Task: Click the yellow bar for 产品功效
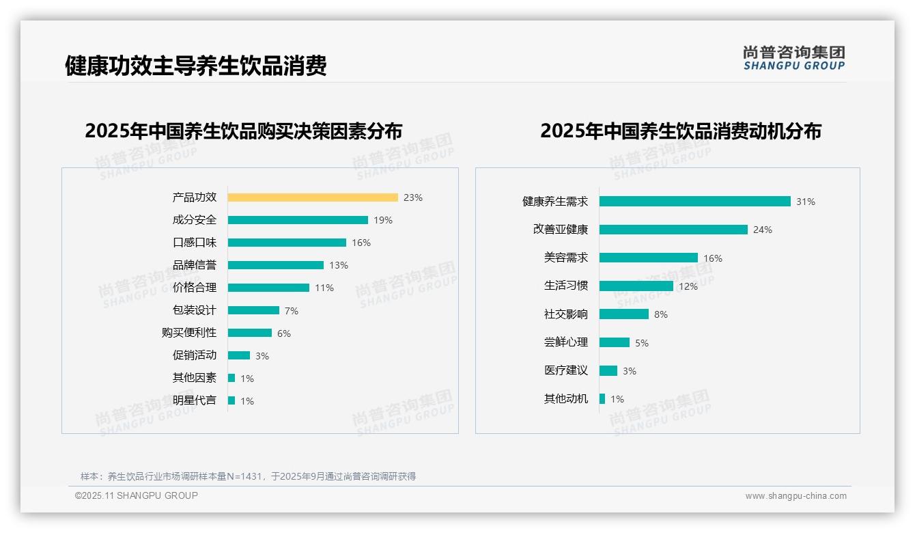[313, 197]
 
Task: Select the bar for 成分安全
[298, 220]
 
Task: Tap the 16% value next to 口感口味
[361, 243]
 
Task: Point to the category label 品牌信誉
[195, 265]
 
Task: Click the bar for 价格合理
[268, 288]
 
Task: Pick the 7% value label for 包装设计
[292, 311]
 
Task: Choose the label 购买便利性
[189, 333]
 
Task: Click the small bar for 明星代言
[231, 400]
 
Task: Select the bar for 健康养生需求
[694, 202]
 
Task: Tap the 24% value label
[763, 230]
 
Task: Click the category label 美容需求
[566, 258]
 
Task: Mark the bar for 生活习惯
[636, 286]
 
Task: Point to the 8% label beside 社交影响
[661, 314]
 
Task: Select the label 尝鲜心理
[566, 342]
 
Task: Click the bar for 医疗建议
[608, 370]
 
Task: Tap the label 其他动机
[566, 399]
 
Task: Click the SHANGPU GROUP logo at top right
[794, 58]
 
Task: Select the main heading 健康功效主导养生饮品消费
[196, 66]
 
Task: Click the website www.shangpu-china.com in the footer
[796, 496]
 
